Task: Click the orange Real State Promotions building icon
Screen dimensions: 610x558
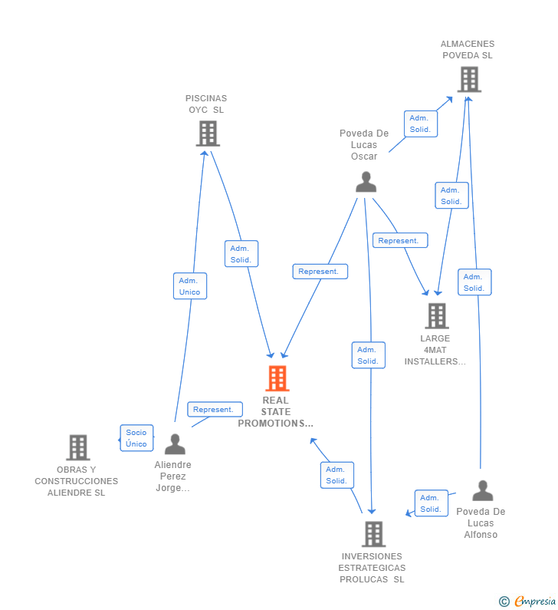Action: (277, 378)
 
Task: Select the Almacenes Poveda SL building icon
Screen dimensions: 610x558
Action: (468, 79)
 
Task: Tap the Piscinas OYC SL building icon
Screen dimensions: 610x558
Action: (207, 134)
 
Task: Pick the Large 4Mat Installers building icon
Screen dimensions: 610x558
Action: (436, 315)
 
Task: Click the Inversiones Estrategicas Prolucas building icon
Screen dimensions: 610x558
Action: (373, 533)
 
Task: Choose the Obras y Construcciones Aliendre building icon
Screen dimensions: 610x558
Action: (77, 447)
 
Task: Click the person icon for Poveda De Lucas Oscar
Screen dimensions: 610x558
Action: (366, 182)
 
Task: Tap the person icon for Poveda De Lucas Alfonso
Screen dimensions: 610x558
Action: (482, 490)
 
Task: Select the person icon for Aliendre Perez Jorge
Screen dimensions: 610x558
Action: (175, 444)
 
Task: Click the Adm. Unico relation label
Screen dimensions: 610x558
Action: (189, 286)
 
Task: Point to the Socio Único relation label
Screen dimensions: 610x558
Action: (136, 438)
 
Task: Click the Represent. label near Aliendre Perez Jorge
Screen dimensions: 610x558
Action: (213, 410)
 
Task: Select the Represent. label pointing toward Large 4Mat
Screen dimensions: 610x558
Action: (399, 241)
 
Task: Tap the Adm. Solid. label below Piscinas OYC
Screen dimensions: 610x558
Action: (241, 254)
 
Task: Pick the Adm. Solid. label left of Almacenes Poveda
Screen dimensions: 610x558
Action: (420, 124)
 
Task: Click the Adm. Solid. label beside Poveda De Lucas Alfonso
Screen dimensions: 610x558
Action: (431, 503)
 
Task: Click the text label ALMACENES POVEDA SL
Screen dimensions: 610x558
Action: (468, 50)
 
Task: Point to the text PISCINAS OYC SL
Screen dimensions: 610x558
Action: (206, 104)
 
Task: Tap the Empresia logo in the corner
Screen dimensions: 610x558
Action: (535, 602)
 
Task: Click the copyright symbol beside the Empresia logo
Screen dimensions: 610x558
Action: (504, 602)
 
